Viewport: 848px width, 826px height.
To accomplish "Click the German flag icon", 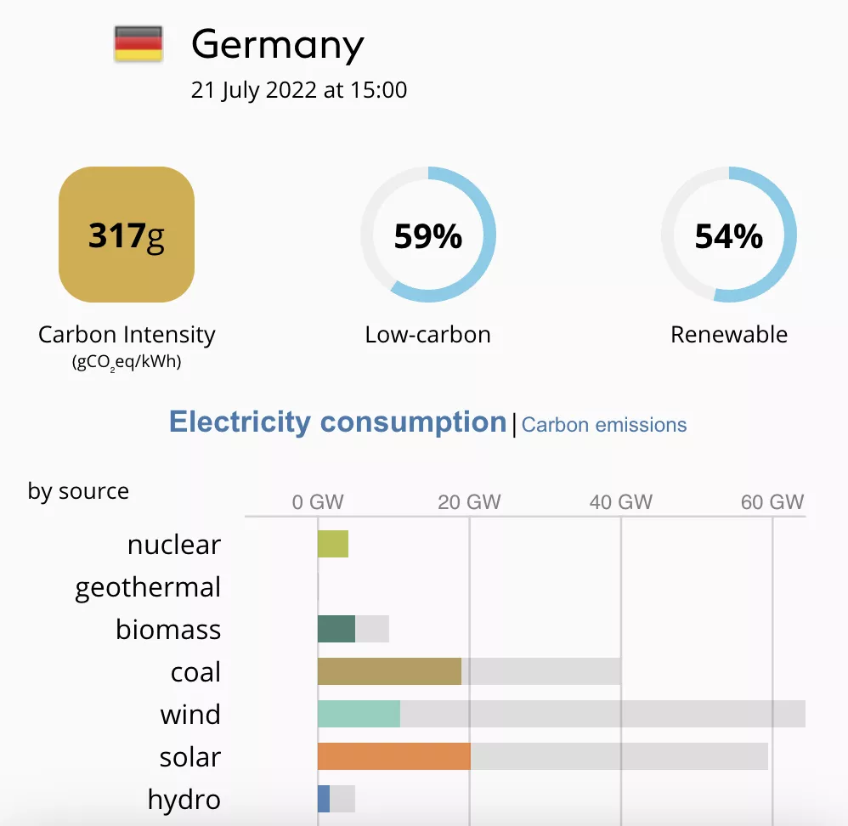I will (x=138, y=43).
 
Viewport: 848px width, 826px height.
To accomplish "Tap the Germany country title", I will (x=277, y=44).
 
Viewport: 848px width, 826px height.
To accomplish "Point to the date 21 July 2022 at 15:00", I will (x=299, y=90).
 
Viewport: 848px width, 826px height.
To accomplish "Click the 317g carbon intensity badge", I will (x=127, y=235).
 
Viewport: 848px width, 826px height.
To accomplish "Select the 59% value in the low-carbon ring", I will (x=427, y=236).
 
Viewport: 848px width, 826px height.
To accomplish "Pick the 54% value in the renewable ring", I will (x=728, y=236).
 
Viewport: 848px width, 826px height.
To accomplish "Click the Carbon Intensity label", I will (x=127, y=335).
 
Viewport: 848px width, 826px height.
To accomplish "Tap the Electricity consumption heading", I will (x=337, y=421).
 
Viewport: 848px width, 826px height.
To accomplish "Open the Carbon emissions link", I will (x=604, y=425).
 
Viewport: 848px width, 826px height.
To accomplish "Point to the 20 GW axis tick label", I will (x=469, y=501).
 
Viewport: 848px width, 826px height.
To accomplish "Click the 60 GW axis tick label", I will (x=772, y=501).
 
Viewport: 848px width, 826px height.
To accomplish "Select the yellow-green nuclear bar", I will (x=333, y=544).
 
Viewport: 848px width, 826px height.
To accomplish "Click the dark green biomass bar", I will (x=336, y=629).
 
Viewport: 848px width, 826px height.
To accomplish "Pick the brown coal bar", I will (x=389, y=671).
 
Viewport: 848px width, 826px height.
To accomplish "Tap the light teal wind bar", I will (x=359, y=714).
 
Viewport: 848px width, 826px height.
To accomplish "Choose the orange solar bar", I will (x=393, y=756).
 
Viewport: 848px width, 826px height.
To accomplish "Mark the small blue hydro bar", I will (x=324, y=799).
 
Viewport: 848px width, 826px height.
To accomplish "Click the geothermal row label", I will (x=148, y=587).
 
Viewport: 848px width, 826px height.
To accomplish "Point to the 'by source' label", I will (x=78, y=491).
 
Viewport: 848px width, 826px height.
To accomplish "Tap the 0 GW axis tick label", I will (x=318, y=501).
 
